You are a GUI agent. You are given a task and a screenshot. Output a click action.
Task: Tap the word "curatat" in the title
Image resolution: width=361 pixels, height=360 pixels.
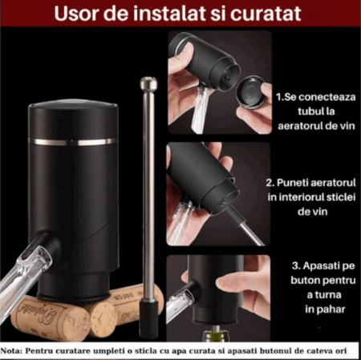(266, 14)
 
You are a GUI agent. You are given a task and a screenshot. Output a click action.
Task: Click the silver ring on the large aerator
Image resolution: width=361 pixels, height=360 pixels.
(73, 142)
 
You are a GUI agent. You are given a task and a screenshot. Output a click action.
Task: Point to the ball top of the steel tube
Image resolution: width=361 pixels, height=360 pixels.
(148, 83)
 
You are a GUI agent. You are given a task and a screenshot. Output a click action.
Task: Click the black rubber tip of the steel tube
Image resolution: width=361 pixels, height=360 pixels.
(149, 318)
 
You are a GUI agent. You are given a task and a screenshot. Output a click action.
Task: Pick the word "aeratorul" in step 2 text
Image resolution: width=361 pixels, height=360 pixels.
(331, 183)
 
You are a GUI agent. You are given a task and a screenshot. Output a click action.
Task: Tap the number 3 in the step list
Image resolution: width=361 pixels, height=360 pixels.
(294, 266)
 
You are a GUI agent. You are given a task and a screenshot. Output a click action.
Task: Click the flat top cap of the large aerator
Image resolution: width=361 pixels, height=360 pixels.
(73, 107)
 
